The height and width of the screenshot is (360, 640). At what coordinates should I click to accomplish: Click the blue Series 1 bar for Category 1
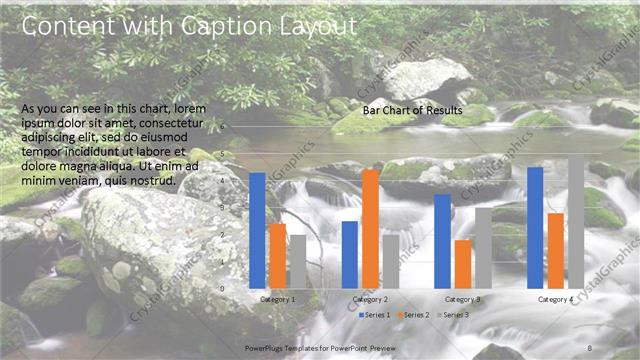257,230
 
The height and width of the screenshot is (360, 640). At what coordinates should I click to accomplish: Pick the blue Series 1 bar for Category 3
442,241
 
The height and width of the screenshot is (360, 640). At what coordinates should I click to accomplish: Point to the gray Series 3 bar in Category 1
297,261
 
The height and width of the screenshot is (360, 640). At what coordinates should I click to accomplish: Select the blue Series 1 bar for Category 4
535,227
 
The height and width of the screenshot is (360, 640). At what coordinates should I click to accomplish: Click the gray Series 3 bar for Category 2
390,261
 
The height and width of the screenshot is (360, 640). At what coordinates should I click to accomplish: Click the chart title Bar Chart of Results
412,111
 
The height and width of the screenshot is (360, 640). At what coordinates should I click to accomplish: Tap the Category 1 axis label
277,299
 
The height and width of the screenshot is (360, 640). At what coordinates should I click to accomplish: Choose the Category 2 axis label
370,299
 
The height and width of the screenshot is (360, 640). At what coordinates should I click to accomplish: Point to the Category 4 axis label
556,299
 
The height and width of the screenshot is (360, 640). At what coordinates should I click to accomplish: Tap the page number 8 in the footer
590,347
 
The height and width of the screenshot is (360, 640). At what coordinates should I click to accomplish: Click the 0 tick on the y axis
224,289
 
